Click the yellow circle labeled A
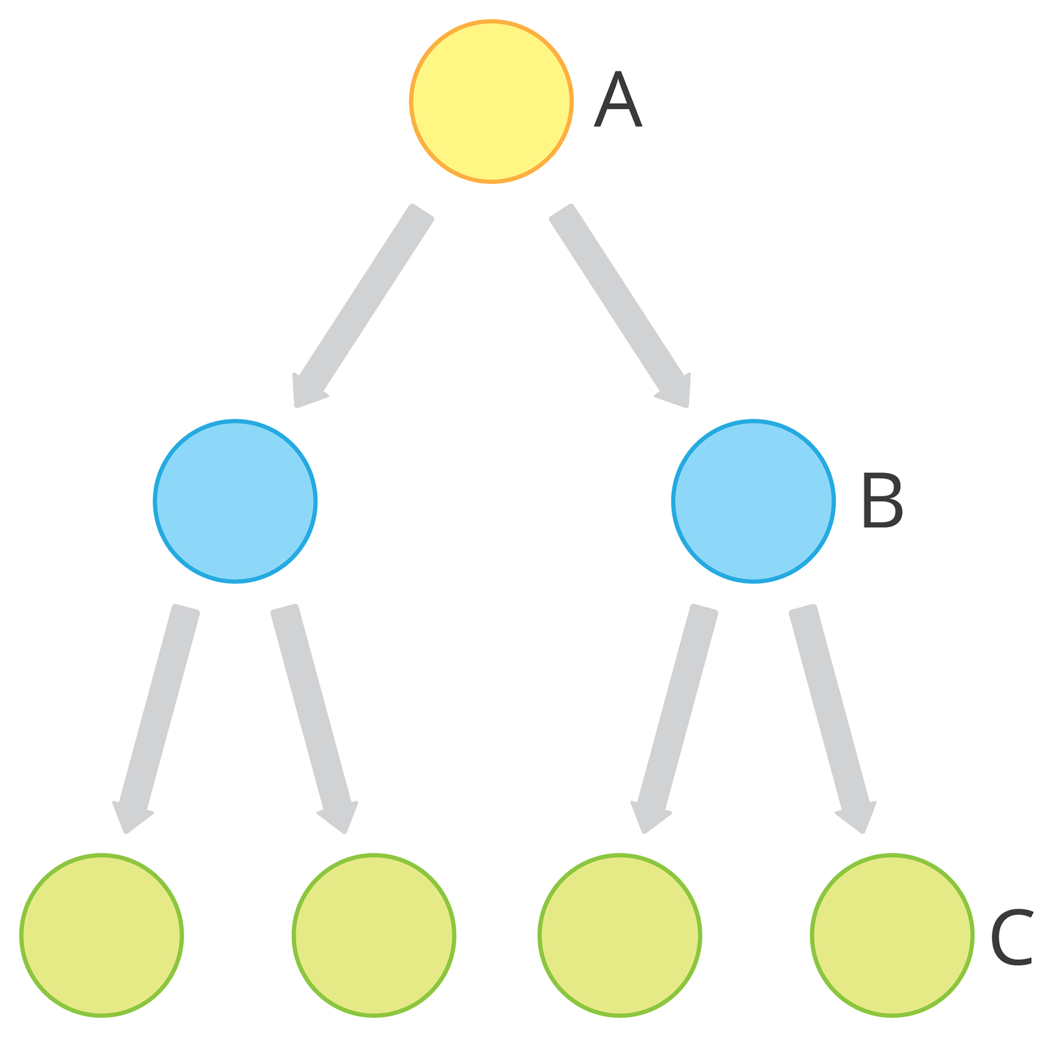[491, 102]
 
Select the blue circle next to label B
[753, 501]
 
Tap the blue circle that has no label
[235, 501]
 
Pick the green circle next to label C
[892, 935]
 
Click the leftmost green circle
[102, 935]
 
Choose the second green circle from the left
[373, 935]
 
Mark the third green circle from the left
[619, 935]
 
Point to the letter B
[882, 500]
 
